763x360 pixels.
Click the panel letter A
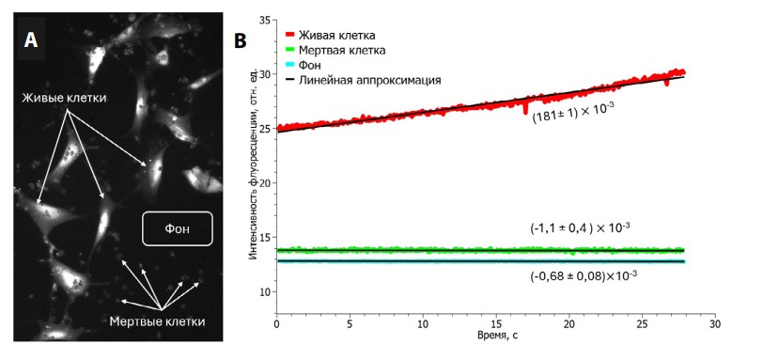point(33,39)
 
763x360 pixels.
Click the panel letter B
point(241,40)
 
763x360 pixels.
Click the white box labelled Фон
point(178,228)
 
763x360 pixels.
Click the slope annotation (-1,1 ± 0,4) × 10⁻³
point(580,227)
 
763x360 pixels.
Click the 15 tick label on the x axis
point(495,324)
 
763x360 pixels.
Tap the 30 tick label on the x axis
point(713,324)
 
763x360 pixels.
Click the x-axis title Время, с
point(493,337)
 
